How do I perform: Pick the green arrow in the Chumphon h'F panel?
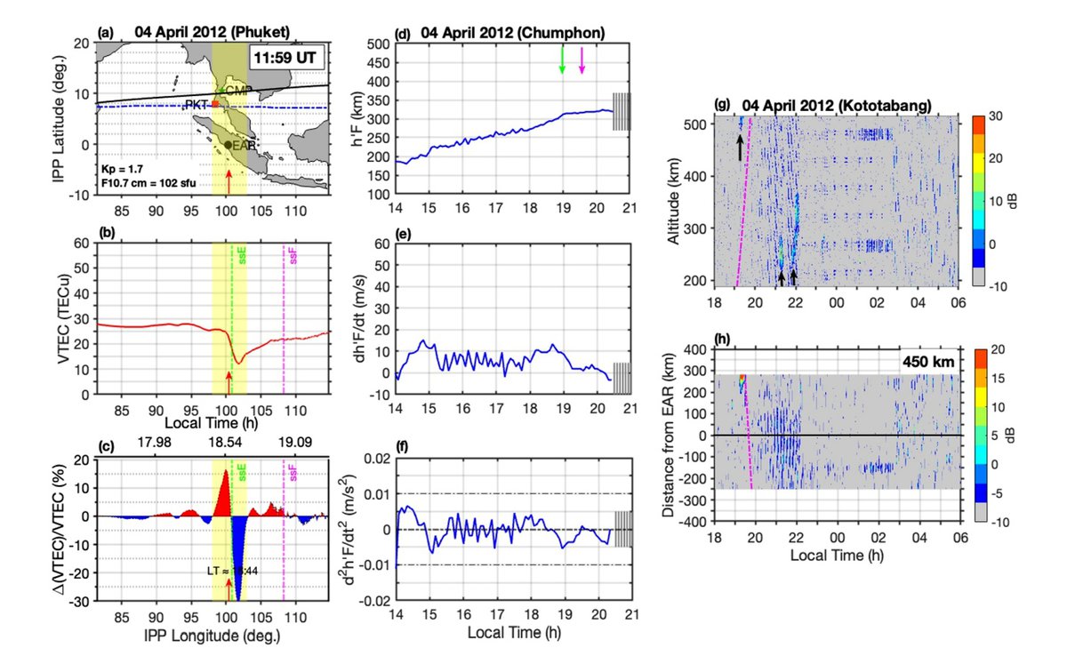coord(562,60)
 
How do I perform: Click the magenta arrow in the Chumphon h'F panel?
coord(582,60)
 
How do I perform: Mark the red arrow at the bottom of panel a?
coord(229,181)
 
